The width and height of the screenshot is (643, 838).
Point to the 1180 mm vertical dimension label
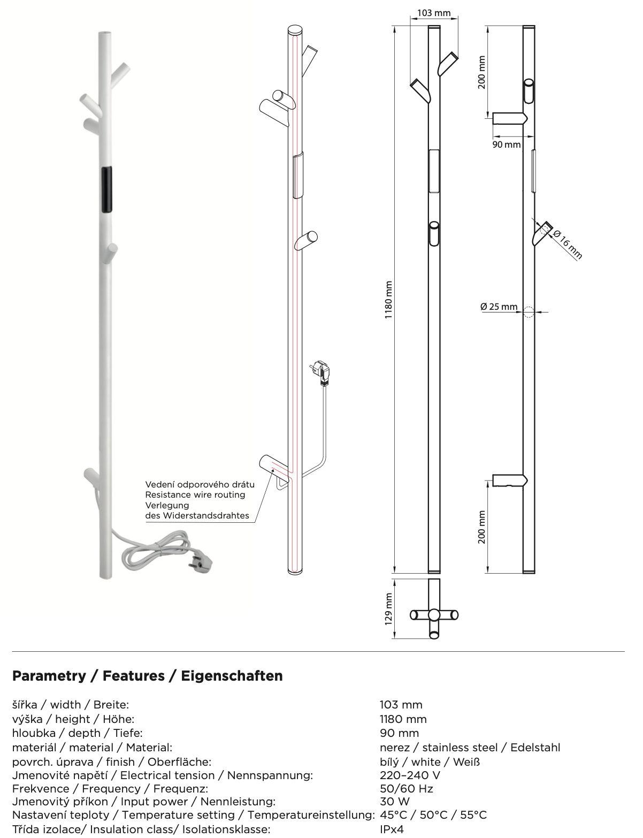pos(389,300)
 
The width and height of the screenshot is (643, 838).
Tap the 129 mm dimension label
pos(389,608)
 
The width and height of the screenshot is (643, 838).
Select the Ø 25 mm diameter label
pos(499,307)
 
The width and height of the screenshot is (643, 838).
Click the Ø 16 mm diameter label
pos(567,244)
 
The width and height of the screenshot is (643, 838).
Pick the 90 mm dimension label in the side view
pos(506,144)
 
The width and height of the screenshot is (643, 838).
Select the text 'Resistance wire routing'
pos(195,495)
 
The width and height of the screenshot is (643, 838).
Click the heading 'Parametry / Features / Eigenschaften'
pos(147,676)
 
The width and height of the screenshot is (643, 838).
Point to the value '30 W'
pos(394,802)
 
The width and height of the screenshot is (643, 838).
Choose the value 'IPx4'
pos(392,829)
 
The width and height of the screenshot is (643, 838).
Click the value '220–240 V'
pos(410,775)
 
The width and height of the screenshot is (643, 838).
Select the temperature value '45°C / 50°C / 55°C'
pos(433,815)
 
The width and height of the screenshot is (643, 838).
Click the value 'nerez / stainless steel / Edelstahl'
pos(470,748)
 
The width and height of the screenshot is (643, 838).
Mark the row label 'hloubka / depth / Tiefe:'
pos(77,733)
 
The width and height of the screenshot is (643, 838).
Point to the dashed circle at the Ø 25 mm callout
pos(528,311)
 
